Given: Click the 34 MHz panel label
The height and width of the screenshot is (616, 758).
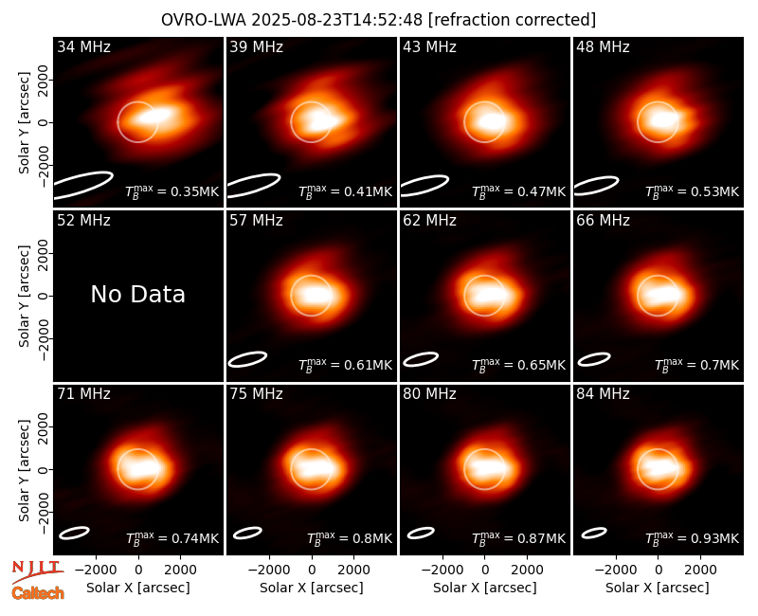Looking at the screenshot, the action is point(83,46).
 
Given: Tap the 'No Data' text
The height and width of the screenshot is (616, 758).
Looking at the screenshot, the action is point(137,294).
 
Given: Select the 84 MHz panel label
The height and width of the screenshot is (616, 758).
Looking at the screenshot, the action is point(603,394).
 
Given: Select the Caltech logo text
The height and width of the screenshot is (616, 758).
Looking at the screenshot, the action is point(38,593).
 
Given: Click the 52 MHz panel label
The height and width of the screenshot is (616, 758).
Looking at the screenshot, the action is point(83,221).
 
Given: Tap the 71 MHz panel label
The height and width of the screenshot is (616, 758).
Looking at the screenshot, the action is point(83,394).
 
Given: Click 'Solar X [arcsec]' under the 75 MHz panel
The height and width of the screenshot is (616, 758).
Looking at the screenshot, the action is point(312,588).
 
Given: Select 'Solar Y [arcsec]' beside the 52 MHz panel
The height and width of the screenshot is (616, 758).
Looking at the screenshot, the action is point(24,296).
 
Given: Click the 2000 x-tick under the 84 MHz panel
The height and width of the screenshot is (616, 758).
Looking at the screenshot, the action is point(700,571).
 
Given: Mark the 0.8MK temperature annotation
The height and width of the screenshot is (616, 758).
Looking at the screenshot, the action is point(349,538).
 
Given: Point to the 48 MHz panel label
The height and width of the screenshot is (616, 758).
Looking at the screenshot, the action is point(603,46).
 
